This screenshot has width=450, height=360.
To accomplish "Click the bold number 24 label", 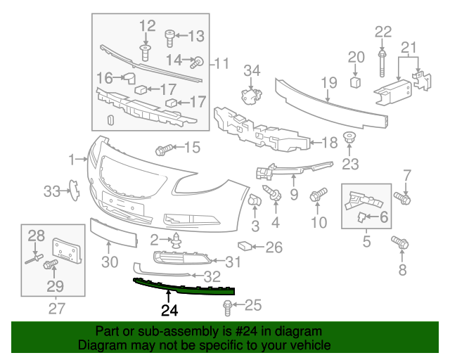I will point(169,309).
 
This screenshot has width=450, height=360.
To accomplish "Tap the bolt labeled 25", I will point(227,306).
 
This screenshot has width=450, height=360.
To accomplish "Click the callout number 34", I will point(252,70).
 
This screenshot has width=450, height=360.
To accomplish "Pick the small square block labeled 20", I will point(356,83).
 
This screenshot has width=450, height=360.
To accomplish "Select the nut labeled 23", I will point(349,139).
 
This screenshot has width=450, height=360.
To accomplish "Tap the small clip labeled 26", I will point(244,246).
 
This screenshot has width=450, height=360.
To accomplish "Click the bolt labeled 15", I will point(163,148).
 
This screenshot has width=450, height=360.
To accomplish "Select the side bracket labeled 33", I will point(72,190).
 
